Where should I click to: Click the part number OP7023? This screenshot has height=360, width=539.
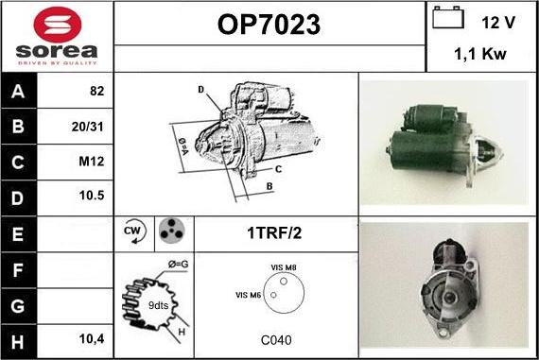tap(269, 25)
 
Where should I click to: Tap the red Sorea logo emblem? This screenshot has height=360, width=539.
tap(58, 26)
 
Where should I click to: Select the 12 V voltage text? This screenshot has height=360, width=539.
tap(498, 23)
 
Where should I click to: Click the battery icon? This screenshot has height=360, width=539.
tap(448, 18)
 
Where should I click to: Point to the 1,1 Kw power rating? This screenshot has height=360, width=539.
tap(480, 54)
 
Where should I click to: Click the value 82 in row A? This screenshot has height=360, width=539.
tap(97, 91)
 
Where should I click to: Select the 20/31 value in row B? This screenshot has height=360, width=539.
tap(87, 127)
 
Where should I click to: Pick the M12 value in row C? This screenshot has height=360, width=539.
tap(91, 162)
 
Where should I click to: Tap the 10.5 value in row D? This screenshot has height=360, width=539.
tap(92, 196)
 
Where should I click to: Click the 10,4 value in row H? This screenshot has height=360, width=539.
tap(92, 339)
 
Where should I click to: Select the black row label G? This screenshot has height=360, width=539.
tap(19, 306)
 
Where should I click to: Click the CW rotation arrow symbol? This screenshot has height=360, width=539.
tap(134, 231)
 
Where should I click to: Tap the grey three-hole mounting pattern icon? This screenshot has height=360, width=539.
tap(172, 231)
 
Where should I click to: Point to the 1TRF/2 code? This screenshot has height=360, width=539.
tap(274, 232)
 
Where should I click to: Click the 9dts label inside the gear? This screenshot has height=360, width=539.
tap(158, 305)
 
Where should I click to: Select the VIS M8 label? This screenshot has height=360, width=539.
tap(284, 267)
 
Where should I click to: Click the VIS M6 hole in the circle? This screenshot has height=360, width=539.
tap(273, 295)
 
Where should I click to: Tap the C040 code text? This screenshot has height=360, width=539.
tap(276, 340)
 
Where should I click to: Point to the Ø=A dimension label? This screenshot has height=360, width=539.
tap(183, 146)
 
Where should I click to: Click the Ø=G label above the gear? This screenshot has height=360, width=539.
tap(178, 265)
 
